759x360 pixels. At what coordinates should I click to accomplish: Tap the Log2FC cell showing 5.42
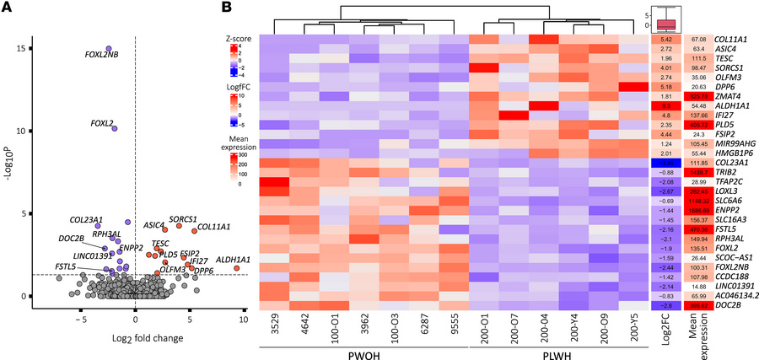665,40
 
